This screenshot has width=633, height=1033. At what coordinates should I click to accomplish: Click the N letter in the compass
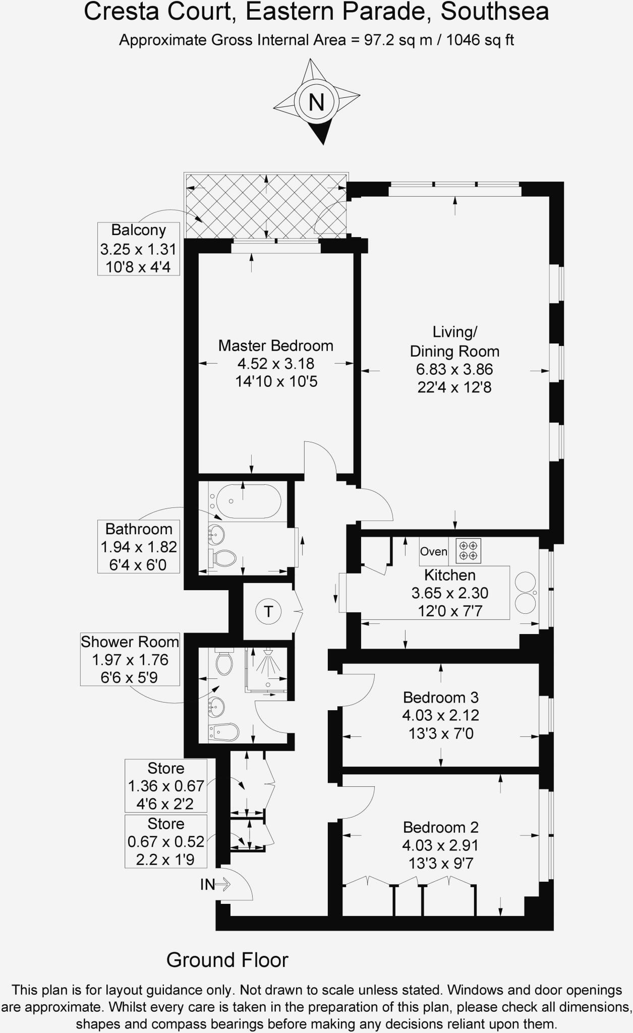pos(316,102)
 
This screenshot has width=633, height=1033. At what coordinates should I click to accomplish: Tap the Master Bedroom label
pos(275,346)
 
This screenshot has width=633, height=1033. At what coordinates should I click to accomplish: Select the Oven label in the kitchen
pos(434,551)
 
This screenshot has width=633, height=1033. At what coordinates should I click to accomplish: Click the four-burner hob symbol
pos(468,550)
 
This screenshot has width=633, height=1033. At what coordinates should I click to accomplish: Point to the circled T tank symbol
pos(268,612)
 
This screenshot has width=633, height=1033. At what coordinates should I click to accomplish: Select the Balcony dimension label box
pos(139,249)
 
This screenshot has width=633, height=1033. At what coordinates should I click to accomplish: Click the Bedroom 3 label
pos(440,698)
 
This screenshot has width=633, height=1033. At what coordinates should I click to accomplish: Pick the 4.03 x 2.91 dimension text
pos(440,845)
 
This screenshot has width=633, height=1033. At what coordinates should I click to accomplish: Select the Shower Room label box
pos(130,660)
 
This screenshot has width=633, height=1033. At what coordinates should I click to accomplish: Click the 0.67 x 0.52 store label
pos(165,841)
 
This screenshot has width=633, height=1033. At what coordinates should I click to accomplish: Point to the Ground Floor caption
pos(227,960)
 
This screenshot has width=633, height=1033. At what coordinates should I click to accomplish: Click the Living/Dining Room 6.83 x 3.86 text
pos(454,369)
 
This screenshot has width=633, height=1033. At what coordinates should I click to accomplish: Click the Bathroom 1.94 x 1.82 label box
pos(139,547)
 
